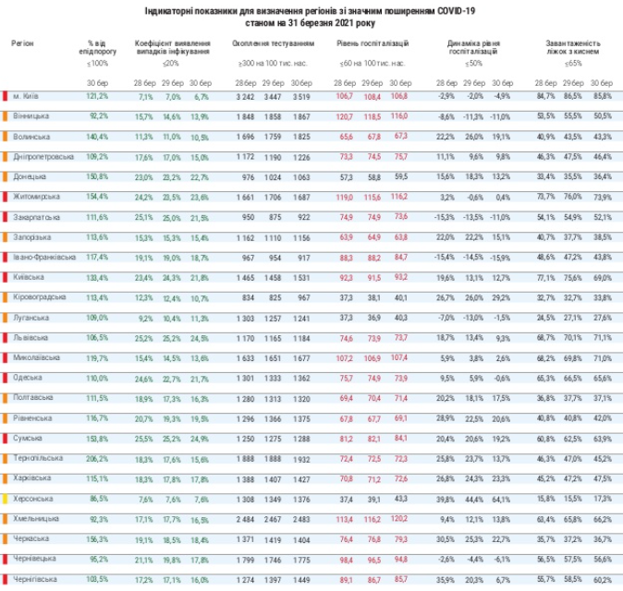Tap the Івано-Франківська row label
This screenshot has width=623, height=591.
[x=42, y=257]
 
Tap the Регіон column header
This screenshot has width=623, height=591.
[x=24, y=43]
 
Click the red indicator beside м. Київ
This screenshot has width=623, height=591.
[x=6, y=96]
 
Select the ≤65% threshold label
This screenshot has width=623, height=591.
[x=573, y=64]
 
